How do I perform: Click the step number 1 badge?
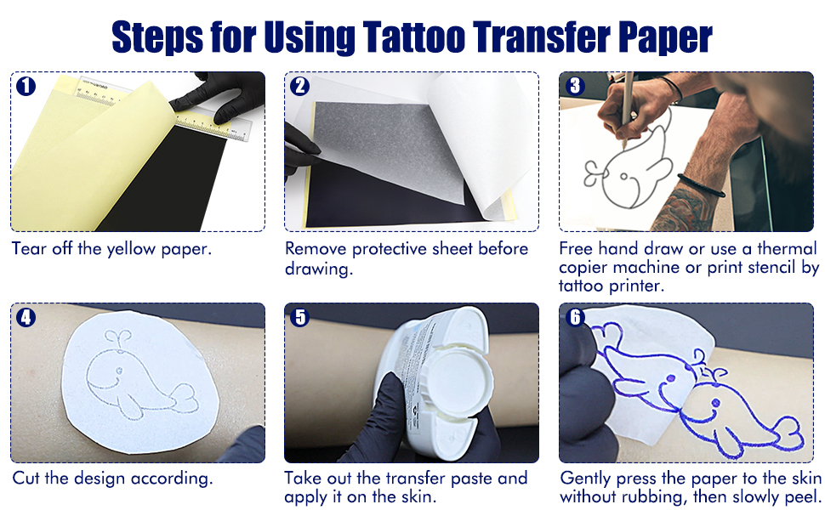pos(26,87)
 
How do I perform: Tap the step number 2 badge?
pos(299,87)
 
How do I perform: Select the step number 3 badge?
pos(575,87)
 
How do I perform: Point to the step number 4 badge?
pos(26,318)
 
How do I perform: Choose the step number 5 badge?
pos(299,318)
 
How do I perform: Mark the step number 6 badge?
pos(575,318)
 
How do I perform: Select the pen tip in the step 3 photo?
pos(623,145)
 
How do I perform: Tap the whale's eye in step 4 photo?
pos(117,371)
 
